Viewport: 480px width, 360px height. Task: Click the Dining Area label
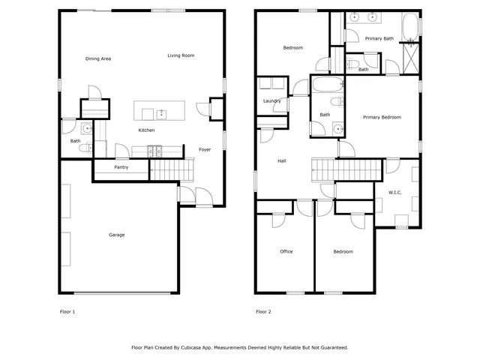[x=98, y=58]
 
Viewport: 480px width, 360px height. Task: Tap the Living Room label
[x=181, y=55]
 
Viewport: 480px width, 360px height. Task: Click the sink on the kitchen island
[x=160, y=113]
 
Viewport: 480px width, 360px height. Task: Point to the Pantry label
[x=121, y=167]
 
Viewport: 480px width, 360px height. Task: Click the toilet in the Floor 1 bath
[x=84, y=148]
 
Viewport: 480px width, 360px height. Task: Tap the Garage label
[x=117, y=235]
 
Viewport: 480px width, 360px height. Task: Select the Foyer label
[x=204, y=149]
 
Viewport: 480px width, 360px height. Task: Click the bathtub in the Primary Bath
[x=410, y=27]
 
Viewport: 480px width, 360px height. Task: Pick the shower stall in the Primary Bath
[x=410, y=58]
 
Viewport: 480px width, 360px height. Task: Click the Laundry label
[x=271, y=101]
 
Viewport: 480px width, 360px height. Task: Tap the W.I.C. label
[x=394, y=193]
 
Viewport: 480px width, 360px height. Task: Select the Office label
[x=286, y=251]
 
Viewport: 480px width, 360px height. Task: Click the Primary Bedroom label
[x=382, y=117]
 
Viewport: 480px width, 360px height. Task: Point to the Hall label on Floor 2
[x=282, y=160]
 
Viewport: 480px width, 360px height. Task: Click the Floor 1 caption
[x=67, y=311]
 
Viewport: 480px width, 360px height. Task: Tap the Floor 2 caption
[x=262, y=311]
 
